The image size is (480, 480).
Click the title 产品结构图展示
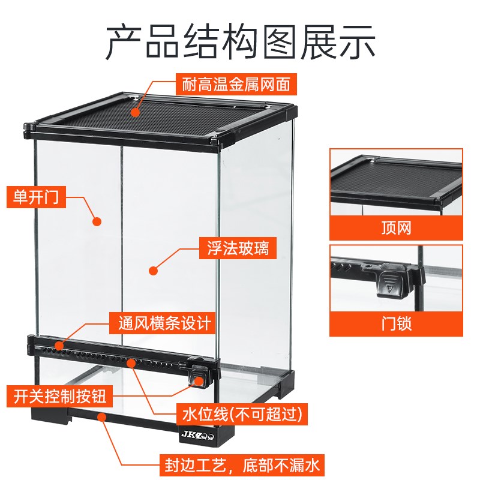pyautogui.click(x=240, y=41)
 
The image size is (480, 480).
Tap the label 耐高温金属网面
pyautogui.click(x=236, y=85)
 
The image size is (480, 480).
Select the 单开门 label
pyautogui.click(x=36, y=197)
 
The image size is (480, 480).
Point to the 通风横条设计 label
pyautogui.click(x=161, y=324)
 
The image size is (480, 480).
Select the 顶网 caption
pyautogui.click(x=396, y=228)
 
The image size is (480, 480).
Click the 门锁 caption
pyautogui.click(x=396, y=325)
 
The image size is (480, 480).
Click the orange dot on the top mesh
pyautogui.click(x=136, y=112)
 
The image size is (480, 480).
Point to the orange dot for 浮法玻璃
pyautogui.click(x=153, y=271)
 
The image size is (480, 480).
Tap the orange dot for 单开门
pyautogui.click(x=97, y=221)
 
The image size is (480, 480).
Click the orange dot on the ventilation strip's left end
pyautogui.click(x=59, y=346)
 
